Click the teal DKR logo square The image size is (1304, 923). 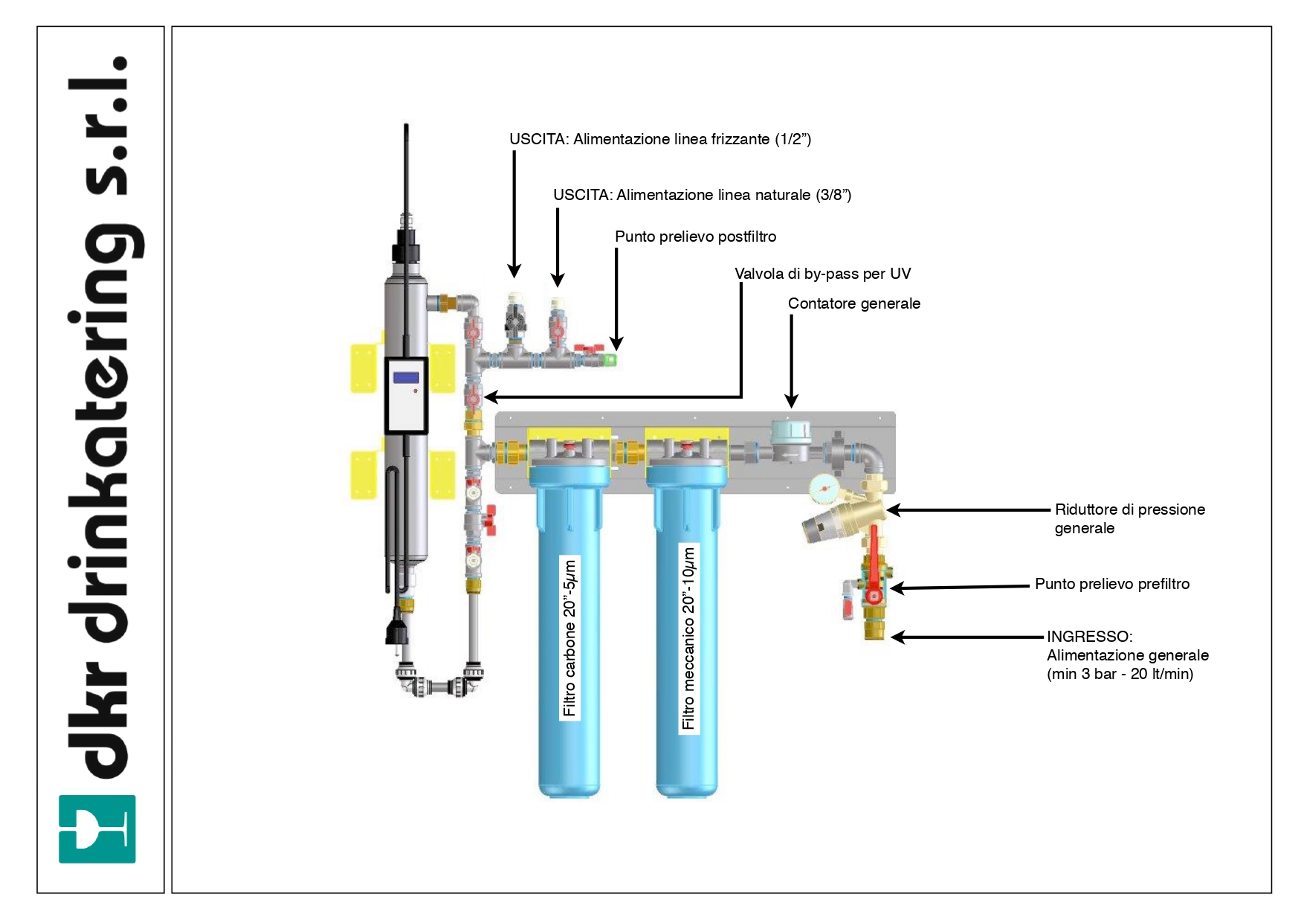97,829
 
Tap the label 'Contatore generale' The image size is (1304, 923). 853,303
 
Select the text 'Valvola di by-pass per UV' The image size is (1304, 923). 822,274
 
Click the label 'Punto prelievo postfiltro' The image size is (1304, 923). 695,237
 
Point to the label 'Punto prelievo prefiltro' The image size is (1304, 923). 1111,584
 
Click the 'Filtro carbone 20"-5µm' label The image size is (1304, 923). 569,638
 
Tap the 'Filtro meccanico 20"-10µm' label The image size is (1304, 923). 688,638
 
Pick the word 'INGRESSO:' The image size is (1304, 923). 1089,637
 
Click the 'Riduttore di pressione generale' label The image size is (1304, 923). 1129,518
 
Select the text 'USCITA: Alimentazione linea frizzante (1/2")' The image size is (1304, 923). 659,139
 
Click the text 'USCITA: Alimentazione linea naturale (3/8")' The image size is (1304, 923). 702,195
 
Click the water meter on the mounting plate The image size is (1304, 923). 790,439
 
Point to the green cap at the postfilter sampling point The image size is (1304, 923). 611,361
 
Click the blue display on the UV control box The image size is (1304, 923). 406,378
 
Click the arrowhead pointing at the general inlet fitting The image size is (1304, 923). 897,637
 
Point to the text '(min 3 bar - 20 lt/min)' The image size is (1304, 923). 1120,674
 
